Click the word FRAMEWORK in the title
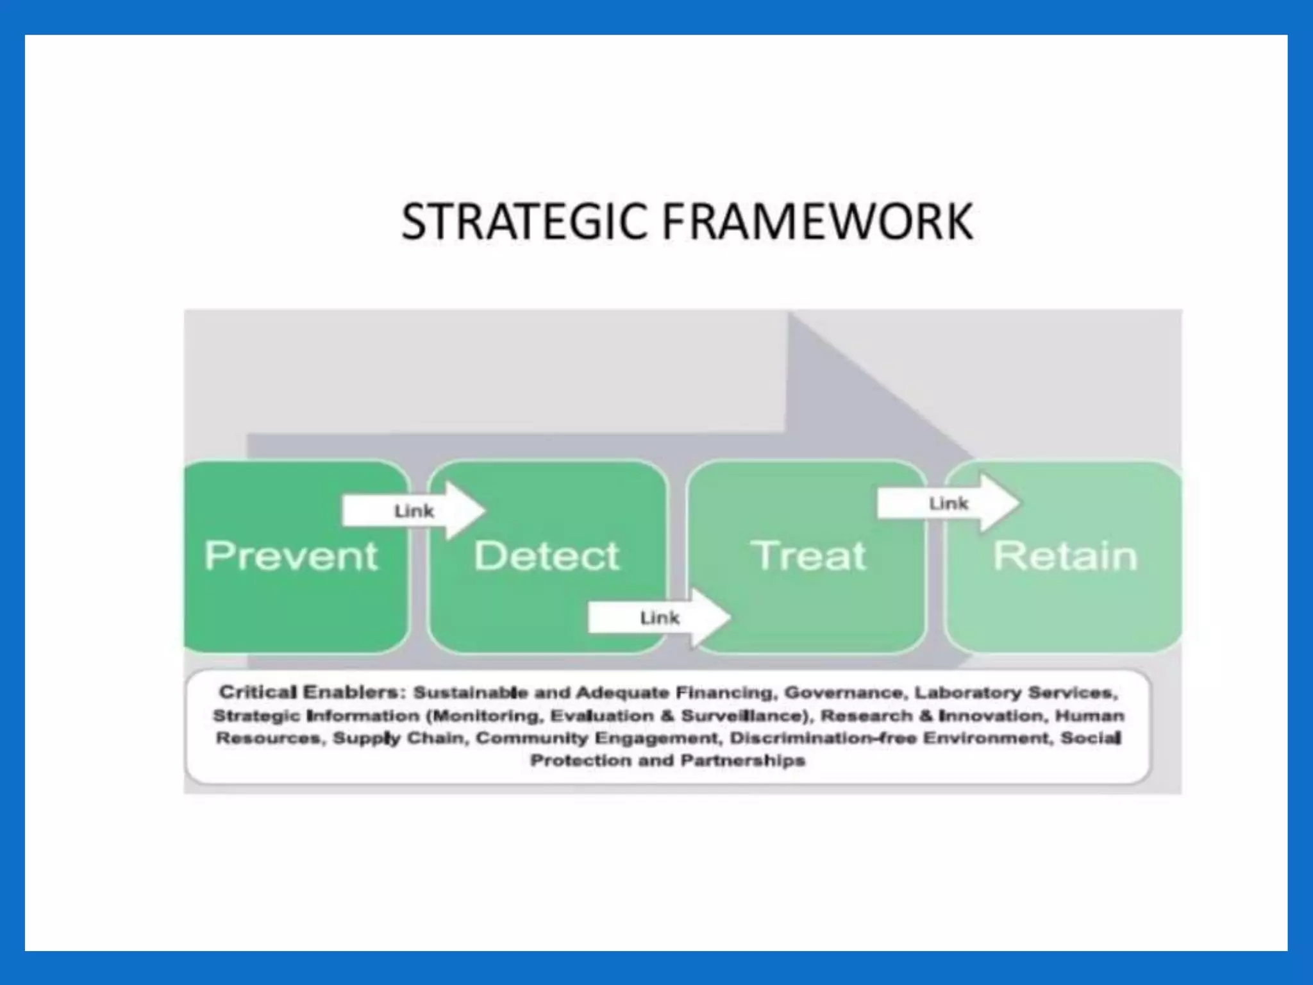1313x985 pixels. click(817, 221)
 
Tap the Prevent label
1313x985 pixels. click(291, 555)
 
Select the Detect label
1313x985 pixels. click(547, 555)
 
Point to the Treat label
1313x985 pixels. click(808, 555)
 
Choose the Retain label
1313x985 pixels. click(1065, 555)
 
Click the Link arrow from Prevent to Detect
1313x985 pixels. click(414, 511)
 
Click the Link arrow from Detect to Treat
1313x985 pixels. click(659, 618)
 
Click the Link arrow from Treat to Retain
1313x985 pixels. click(948, 503)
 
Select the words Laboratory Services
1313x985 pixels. click(1016, 693)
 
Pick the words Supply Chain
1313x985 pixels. click(400, 738)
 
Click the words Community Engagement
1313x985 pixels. click(596, 738)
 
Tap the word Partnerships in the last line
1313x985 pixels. click(742, 761)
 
